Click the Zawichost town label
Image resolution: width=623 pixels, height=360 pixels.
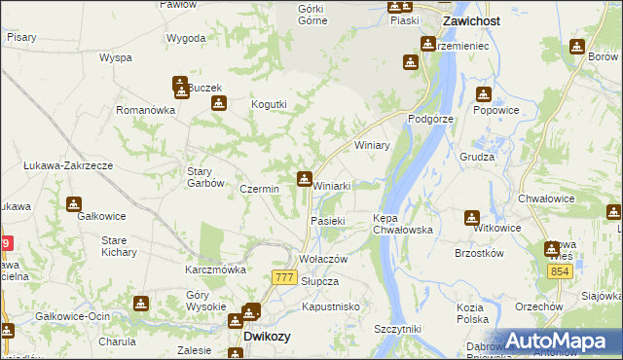pyautogui.click(x=471, y=19)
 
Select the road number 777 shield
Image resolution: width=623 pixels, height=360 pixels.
pyautogui.click(x=284, y=277)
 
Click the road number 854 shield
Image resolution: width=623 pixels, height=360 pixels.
pyautogui.click(x=558, y=272)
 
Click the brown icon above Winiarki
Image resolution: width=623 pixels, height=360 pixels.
pyautogui.click(x=304, y=178)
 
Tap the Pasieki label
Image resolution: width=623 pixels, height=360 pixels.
pyautogui.click(x=328, y=221)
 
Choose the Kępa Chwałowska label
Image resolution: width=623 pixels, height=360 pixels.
pyautogui.click(x=402, y=224)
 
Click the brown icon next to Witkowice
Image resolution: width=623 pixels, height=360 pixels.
pyautogui.click(x=472, y=217)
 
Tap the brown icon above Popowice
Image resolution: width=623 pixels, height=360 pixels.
pyautogui.click(x=484, y=94)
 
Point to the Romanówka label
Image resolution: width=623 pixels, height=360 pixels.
pyautogui.click(x=145, y=110)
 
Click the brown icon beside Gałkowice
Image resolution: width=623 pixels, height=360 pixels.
pyautogui.click(x=74, y=204)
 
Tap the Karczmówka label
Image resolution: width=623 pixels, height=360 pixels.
pyautogui.click(x=215, y=269)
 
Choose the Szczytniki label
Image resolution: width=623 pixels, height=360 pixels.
pyautogui.click(x=402, y=329)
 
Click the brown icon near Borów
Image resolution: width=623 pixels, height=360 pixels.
pyautogui.click(x=577, y=45)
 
